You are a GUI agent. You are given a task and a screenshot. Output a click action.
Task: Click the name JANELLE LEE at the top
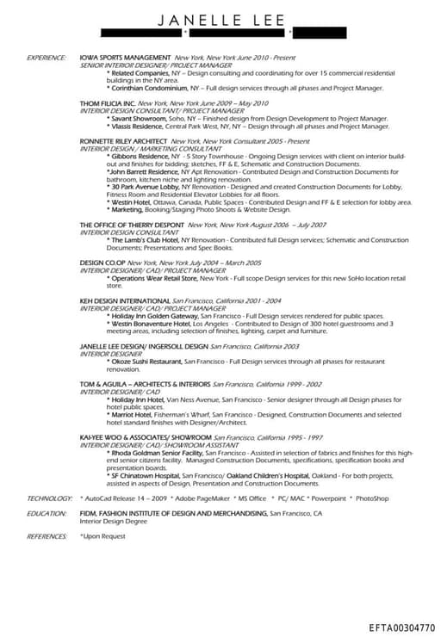(x=220, y=19)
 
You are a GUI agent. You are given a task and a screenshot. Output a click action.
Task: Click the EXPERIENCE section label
(x=47, y=58)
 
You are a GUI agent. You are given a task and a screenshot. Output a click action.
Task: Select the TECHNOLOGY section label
(x=49, y=498)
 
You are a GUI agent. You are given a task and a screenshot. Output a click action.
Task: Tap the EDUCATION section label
(x=47, y=513)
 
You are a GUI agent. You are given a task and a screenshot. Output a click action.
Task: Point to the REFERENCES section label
(x=47, y=535)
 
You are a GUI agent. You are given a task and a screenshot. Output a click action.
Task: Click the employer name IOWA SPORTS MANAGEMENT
(x=124, y=58)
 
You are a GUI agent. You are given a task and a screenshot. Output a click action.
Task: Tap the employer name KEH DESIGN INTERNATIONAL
(x=121, y=301)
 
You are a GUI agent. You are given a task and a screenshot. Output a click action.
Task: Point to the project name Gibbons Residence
(x=140, y=156)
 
